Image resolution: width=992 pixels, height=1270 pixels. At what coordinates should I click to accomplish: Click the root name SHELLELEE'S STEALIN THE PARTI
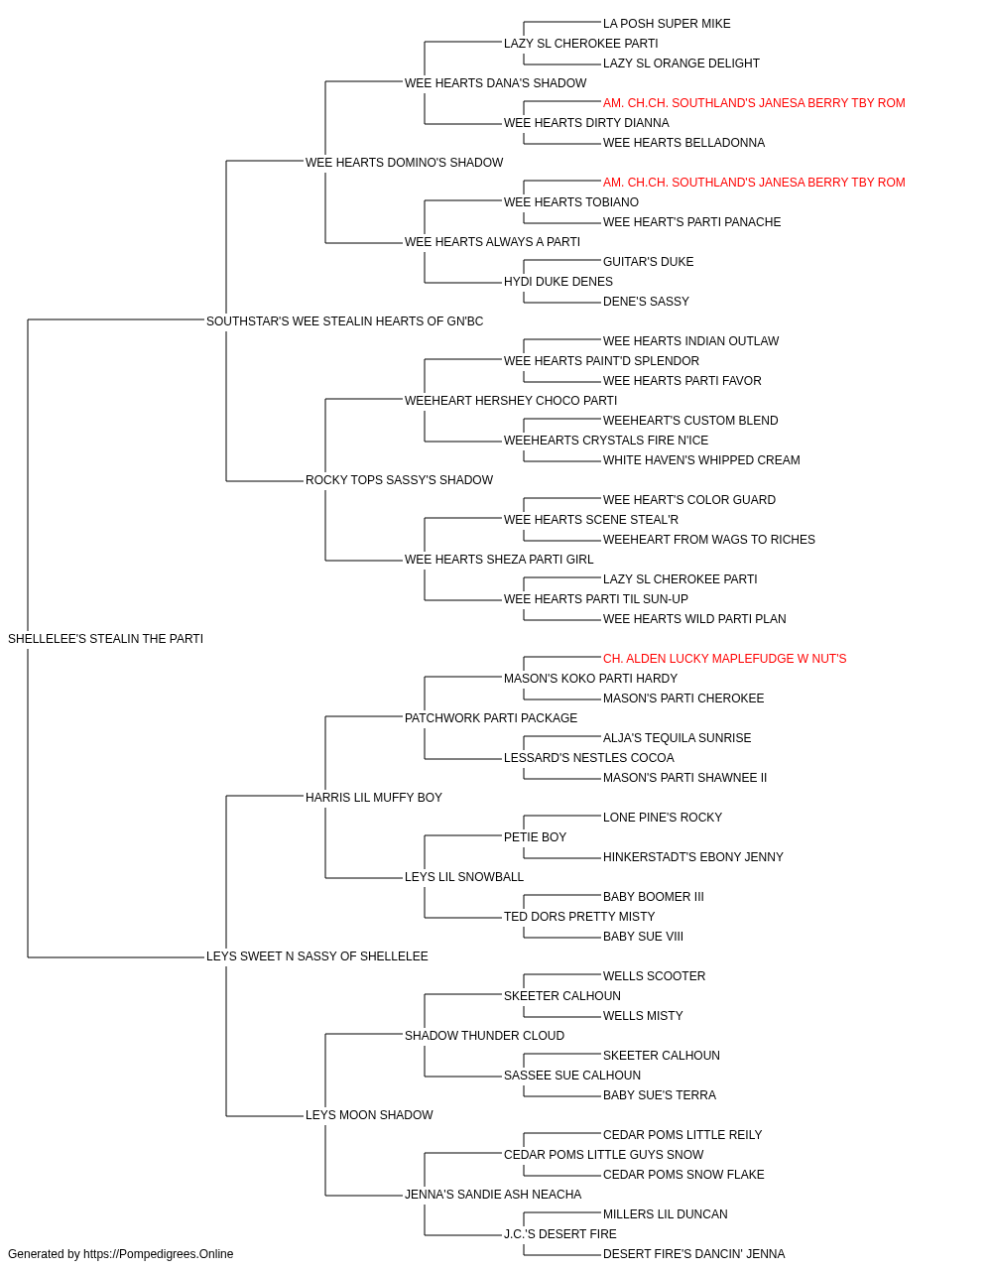pos(105,638)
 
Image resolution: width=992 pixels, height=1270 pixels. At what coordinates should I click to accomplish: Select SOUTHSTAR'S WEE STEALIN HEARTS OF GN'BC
pos(344,320)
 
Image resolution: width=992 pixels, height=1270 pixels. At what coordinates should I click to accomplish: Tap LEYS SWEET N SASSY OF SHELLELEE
pos(316,955)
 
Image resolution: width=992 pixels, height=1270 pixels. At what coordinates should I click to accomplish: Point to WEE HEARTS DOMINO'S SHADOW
pos(404,162)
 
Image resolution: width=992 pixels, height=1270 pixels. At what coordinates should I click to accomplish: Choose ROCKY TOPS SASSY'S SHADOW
pos(399,480)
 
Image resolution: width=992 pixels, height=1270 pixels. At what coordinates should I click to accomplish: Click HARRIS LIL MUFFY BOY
pos(373,797)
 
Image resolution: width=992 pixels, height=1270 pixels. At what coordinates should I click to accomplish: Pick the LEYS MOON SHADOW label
pos(369,1114)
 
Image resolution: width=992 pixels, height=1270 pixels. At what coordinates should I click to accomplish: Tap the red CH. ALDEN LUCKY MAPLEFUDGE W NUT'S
pos(724,658)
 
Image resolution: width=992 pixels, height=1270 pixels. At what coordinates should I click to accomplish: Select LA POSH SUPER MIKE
pos(667,24)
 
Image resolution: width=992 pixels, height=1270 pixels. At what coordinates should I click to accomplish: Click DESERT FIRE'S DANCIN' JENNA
pos(693,1254)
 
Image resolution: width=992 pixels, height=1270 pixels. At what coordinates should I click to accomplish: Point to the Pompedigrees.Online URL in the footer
pos(158,1254)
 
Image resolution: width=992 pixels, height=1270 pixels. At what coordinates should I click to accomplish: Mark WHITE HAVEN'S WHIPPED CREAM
pos(701,460)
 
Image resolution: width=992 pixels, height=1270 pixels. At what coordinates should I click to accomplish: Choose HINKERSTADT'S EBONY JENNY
pos(692,857)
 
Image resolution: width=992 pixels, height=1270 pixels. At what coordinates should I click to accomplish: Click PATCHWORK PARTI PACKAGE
pos(491,717)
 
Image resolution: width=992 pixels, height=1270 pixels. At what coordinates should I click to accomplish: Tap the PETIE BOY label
pos(535,837)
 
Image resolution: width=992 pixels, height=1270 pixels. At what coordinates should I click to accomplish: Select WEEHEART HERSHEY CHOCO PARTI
pos(511,400)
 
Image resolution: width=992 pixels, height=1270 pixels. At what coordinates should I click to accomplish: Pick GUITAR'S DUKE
pos(648,261)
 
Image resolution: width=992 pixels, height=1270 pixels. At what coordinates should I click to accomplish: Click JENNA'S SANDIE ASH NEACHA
pos(492,1194)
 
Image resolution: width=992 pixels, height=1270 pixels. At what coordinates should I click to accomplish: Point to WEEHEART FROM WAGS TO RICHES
pos(708,540)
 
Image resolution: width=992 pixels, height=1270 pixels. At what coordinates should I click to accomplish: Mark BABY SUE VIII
pos(643,936)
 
